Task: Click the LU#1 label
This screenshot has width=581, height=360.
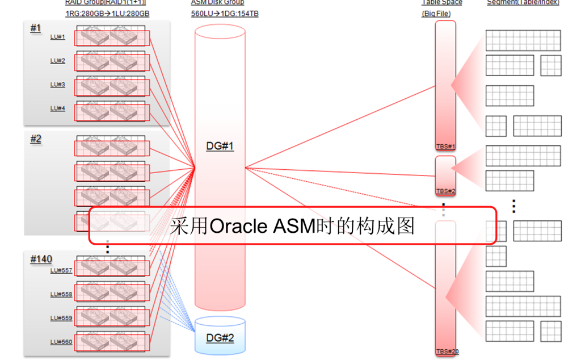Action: pos(58,37)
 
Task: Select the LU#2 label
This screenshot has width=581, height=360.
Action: pos(58,61)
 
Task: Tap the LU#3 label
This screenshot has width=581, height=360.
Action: pos(58,85)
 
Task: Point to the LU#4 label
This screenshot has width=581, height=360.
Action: pos(58,108)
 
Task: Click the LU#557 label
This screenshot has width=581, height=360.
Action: pos(61,271)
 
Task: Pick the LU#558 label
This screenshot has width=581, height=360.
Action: pos(61,295)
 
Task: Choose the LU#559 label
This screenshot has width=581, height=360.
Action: pos(61,319)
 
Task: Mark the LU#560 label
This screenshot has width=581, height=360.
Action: pos(61,342)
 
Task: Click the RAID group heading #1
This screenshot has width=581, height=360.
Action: pos(36,28)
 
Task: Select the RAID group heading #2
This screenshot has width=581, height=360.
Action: pos(36,139)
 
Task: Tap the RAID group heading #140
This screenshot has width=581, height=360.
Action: pos(41,259)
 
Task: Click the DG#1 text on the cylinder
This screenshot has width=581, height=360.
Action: pos(220,146)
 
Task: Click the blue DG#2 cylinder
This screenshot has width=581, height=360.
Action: pos(220,335)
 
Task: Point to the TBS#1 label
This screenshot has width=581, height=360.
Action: pos(445,146)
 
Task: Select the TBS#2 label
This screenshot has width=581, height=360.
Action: pos(445,191)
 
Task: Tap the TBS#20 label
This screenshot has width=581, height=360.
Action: pos(447,351)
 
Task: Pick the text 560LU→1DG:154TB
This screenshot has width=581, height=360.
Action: pos(225,14)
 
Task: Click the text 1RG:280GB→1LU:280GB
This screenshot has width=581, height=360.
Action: pos(107,14)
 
